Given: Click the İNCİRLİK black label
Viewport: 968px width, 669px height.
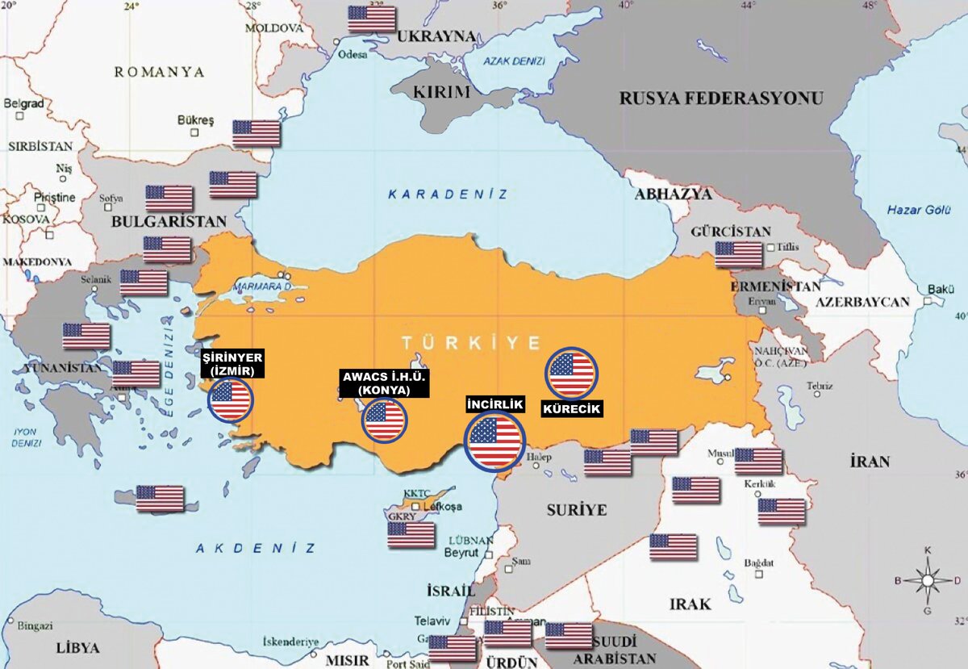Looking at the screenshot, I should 495,404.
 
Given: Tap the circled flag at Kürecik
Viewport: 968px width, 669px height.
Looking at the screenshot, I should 571,374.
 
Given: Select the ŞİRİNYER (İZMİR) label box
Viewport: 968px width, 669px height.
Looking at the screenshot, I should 232,364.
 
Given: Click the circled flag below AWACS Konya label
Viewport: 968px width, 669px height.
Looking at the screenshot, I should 384,420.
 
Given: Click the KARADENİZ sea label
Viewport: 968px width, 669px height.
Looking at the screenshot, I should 448,194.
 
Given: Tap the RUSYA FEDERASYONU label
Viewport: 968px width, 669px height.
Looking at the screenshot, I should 721,98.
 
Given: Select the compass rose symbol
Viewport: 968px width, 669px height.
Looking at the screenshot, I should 928,579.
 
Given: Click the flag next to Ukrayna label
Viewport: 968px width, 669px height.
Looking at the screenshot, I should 372,19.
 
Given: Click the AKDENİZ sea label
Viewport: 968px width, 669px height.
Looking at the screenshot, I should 255,548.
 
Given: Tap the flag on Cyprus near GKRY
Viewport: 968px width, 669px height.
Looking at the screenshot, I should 411,534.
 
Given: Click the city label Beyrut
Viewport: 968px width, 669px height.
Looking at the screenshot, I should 461,553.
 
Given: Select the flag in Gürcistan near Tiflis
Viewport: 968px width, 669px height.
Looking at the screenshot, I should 738,254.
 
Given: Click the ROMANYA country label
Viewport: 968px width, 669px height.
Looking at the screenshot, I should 159,72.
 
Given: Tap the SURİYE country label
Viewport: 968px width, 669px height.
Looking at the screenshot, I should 576,510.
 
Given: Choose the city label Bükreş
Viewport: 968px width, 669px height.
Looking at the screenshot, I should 195,121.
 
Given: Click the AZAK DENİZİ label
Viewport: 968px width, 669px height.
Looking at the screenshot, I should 515,61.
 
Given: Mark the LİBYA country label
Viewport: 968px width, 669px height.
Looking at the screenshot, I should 78,648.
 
